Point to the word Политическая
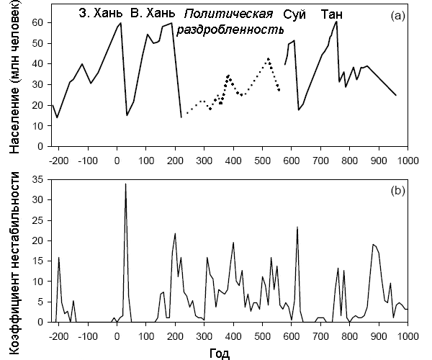(229, 14)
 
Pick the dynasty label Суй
(294, 14)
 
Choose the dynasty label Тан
(333, 14)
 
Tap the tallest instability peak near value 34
(126, 184)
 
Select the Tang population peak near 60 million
(336, 22)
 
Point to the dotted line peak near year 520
(268, 58)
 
